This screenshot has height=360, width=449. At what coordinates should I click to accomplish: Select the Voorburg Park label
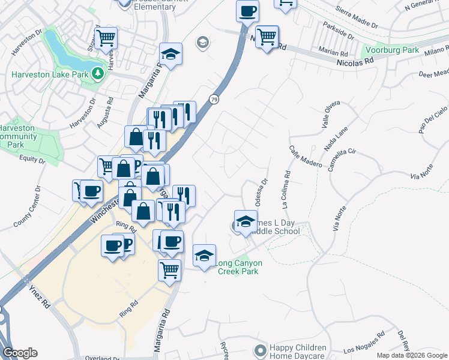[391, 50]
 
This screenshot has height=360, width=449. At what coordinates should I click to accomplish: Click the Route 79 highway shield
[214, 98]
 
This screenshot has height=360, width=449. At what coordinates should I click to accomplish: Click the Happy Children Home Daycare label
[298, 352]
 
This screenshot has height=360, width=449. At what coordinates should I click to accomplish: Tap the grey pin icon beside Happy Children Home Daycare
[260, 350]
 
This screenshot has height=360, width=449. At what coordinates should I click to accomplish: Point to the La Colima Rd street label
[285, 185]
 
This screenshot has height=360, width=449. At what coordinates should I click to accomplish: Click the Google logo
[20, 353]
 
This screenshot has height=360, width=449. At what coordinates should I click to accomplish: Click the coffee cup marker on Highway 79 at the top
[247, 10]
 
